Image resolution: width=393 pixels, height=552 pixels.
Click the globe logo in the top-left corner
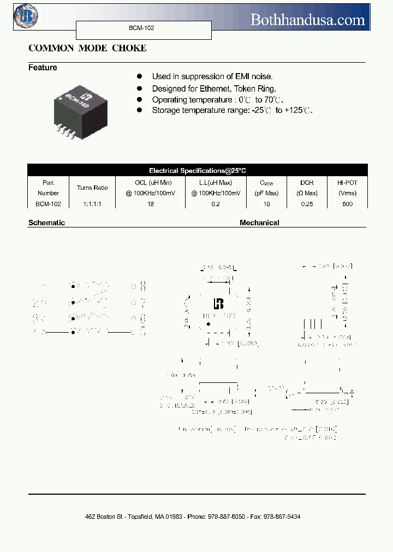23,16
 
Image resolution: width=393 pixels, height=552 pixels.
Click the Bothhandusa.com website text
307,20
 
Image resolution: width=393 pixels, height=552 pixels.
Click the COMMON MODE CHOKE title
87,48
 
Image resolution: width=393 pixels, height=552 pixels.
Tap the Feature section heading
43,68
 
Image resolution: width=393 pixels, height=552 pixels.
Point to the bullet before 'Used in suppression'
140,76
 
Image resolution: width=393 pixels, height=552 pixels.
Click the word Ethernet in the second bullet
219,88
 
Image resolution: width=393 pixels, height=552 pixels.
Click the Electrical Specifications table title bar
197,170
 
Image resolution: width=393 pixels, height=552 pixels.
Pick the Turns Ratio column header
92,188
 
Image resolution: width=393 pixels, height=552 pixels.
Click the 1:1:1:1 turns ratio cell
92,203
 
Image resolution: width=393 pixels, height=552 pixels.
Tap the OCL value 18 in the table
150,203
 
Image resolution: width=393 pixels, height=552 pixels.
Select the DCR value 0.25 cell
306,203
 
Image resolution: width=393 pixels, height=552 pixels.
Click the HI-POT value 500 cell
347,203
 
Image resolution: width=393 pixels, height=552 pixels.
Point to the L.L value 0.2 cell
216,203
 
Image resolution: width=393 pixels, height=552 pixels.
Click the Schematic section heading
46,223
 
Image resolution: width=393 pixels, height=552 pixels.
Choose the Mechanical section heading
259,223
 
